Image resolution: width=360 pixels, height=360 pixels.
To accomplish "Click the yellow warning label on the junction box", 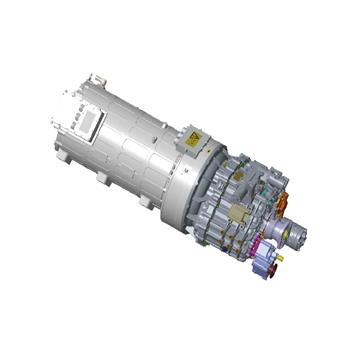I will pyautogui.click(x=191, y=141).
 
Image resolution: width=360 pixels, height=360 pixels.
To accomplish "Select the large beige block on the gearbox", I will pyautogui.click(x=240, y=214).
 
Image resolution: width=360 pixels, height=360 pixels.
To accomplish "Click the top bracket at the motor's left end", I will pyautogui.click(x=95, y=78).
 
